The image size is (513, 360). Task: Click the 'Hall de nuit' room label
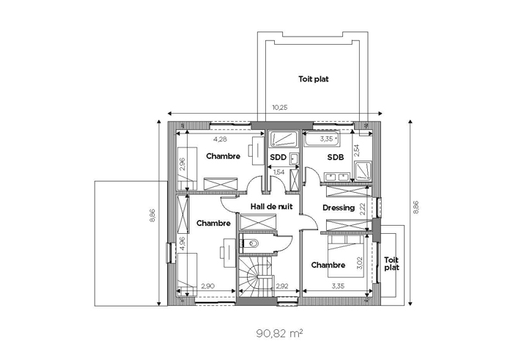271,207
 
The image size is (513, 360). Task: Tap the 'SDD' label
278,158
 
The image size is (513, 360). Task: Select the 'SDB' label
336,158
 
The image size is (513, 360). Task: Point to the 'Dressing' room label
339,207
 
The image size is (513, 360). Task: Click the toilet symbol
253,243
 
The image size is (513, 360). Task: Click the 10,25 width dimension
279,107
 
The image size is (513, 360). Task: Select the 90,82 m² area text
279,334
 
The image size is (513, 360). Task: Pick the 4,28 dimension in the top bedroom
220,139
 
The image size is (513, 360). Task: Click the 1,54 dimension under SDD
278,172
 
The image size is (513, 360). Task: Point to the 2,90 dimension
207,286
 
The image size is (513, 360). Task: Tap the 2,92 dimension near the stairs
282,286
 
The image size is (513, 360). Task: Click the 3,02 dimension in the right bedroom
360,262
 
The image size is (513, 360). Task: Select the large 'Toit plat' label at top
314,79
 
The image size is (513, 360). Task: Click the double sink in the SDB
336,177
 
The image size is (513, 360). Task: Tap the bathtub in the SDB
322,139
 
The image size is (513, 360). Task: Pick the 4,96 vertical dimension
182,243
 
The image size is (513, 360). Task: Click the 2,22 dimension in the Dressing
362,208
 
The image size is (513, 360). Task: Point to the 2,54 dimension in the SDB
357,150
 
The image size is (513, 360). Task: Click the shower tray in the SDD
283,139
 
